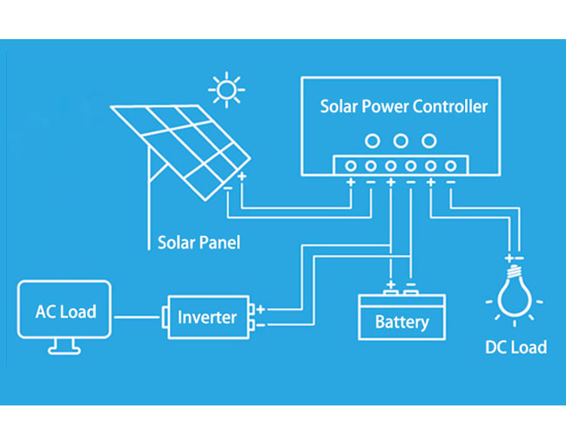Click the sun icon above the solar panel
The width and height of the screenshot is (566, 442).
coord(226,90)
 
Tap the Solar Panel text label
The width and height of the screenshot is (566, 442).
coord(199,243)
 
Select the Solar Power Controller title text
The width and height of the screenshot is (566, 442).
coord(404,106)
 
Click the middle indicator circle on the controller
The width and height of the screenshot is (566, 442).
coord(401,141)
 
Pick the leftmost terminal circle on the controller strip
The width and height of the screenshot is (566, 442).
coord(351,166)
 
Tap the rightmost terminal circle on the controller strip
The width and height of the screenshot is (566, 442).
coord(450,166)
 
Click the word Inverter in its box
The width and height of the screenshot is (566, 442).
coord(207,318)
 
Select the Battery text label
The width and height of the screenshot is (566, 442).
coord(401,322)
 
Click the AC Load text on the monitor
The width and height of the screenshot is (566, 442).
coord(66,311)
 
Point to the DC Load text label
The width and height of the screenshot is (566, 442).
coord(516,347)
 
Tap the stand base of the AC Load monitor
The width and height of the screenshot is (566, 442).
coord(64,351)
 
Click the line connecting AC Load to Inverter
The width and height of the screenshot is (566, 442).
coord(138,318)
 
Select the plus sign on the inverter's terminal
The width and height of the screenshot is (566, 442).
coord(260,309)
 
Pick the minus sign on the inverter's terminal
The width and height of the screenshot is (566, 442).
coord(260,325)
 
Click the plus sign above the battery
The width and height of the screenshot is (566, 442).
coord(391,285)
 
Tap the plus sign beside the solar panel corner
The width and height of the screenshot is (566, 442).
coord(242,177)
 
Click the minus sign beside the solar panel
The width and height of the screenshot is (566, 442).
coord(228,188)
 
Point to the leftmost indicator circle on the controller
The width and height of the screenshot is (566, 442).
coord(373,141)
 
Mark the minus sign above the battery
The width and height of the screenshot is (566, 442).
coord(411,285)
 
